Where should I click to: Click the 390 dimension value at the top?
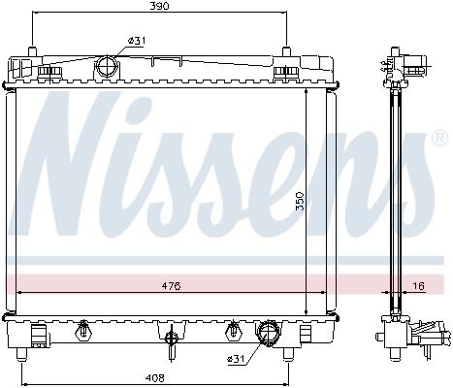159,6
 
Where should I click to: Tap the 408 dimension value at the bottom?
155,377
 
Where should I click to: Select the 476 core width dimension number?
171,286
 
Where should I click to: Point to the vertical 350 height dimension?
301,201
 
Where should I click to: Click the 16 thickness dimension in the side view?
418,286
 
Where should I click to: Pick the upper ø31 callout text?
137,41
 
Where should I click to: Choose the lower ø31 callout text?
236,359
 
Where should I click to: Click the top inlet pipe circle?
107,66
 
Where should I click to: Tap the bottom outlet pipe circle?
268,333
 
